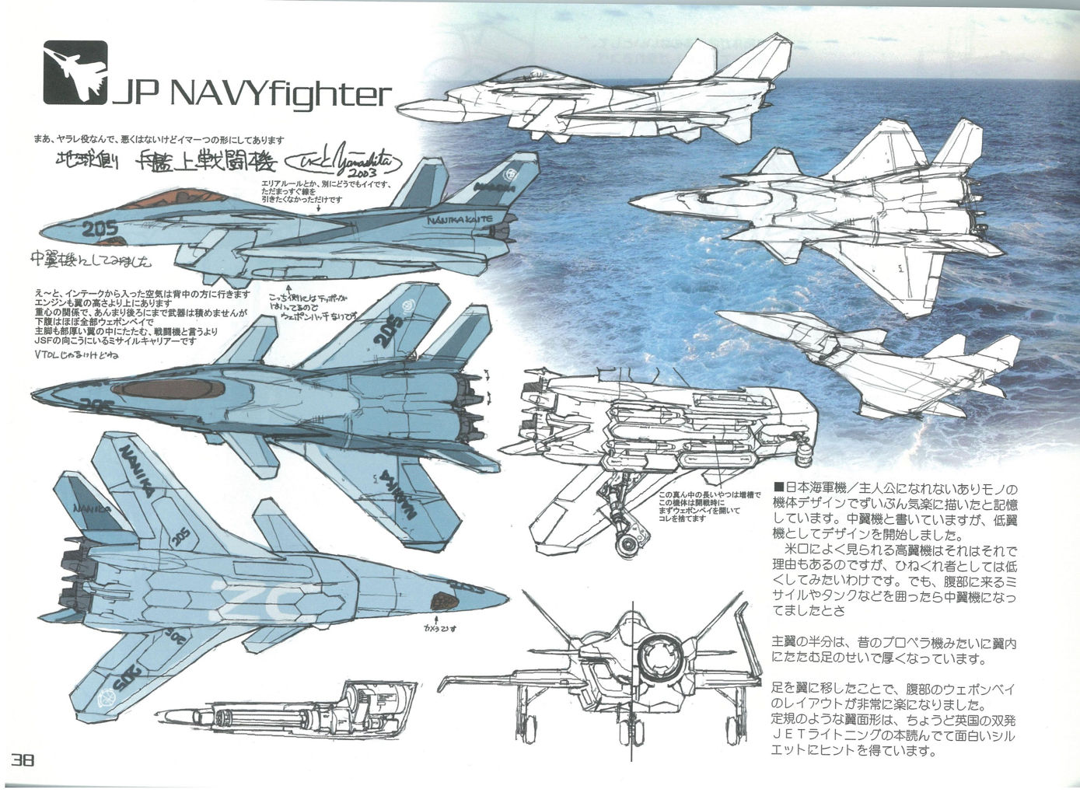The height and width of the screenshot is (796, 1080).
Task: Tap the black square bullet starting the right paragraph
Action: (777, 488)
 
